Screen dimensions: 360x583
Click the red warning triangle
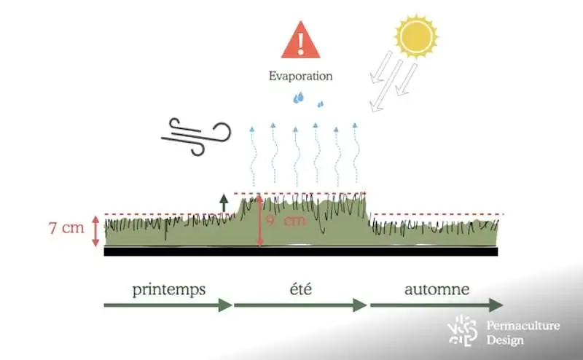click(x=300, y=42)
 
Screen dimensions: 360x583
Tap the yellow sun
click(x=416, y=36)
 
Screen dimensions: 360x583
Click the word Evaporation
click(x=300, y=76)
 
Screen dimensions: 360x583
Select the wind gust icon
click(x=195, y=136)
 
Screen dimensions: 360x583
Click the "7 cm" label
click(x=66, y=227)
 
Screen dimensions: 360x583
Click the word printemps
click(x=169, y=289)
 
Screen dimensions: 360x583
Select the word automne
click(x=437, y=289)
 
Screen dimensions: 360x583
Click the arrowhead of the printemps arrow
click(x=226, y=305)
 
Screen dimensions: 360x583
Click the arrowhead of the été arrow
click(x=359, y=305)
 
